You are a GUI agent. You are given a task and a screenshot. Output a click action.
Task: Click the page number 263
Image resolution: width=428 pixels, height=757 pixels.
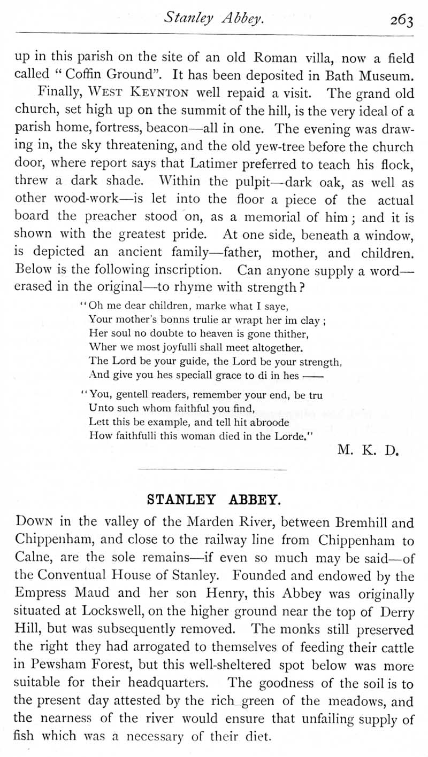401,20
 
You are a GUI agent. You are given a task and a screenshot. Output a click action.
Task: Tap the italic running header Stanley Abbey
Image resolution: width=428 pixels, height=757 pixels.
213,19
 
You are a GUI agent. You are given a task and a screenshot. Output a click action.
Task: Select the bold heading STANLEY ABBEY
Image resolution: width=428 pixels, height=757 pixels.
213,501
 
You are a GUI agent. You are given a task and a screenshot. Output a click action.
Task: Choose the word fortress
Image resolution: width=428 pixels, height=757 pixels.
126,129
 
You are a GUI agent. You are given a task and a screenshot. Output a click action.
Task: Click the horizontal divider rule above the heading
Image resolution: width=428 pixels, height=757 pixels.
212,470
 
